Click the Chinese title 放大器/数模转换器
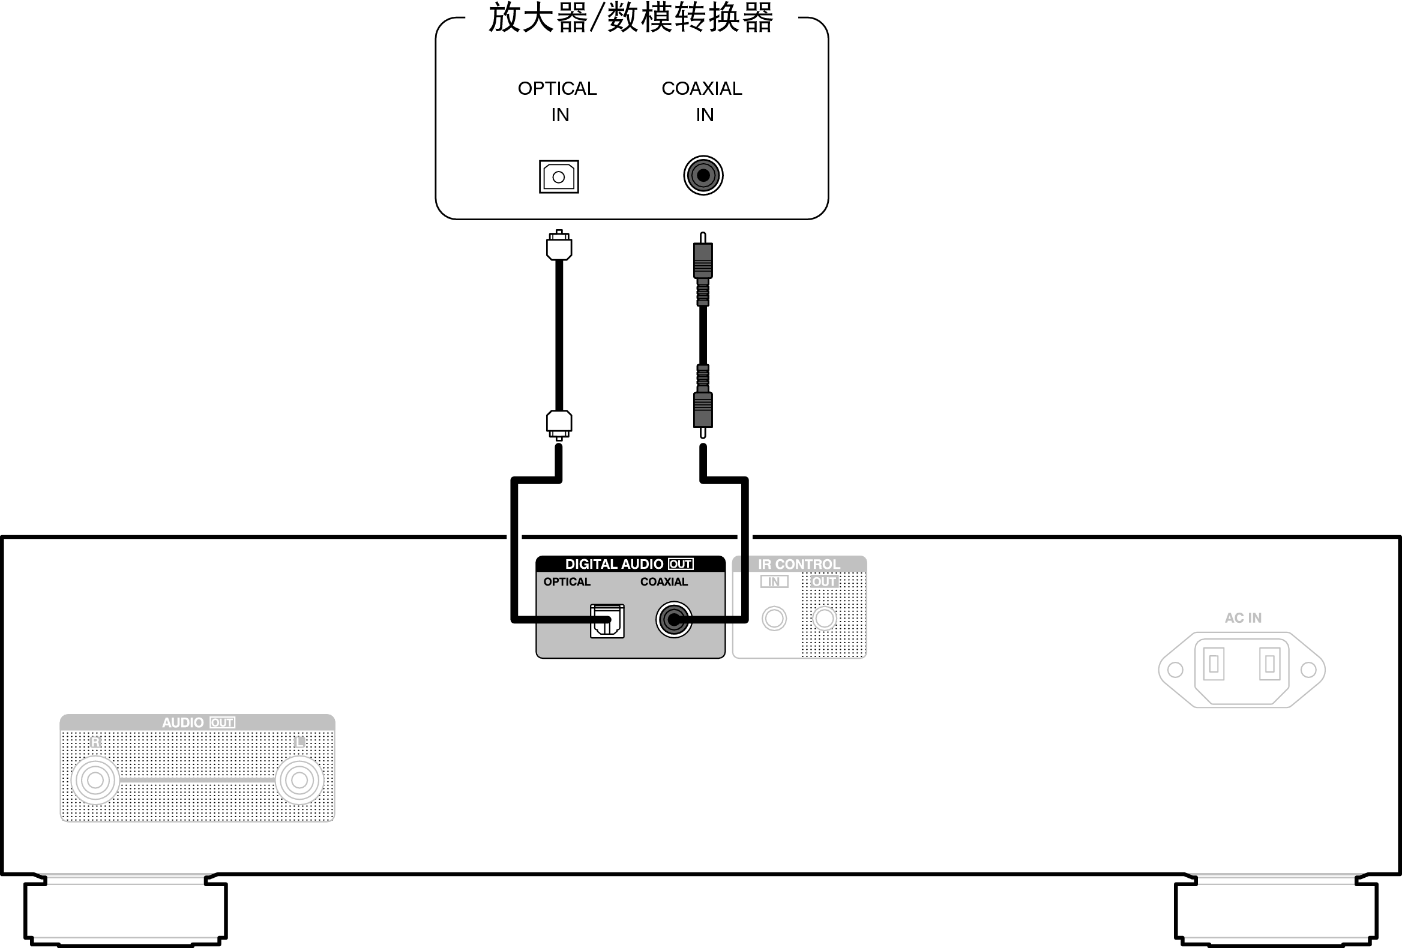click(630, 18)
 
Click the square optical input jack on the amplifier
click(559, 176)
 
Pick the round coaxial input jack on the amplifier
click(703, 175)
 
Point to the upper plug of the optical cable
click(559, 246)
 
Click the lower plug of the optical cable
click(559, 424)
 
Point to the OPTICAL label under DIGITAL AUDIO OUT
click(567, 582)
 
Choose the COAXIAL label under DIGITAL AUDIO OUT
click(664, 582)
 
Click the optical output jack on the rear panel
click(607, 620)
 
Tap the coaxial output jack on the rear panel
click(674, 619)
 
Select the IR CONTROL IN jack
click(774, 618)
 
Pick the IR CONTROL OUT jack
click(825, 618)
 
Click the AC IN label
click(1243, 618)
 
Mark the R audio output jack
click(95, 781)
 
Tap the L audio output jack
click(299, 781)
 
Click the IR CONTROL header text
click(799, 565)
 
